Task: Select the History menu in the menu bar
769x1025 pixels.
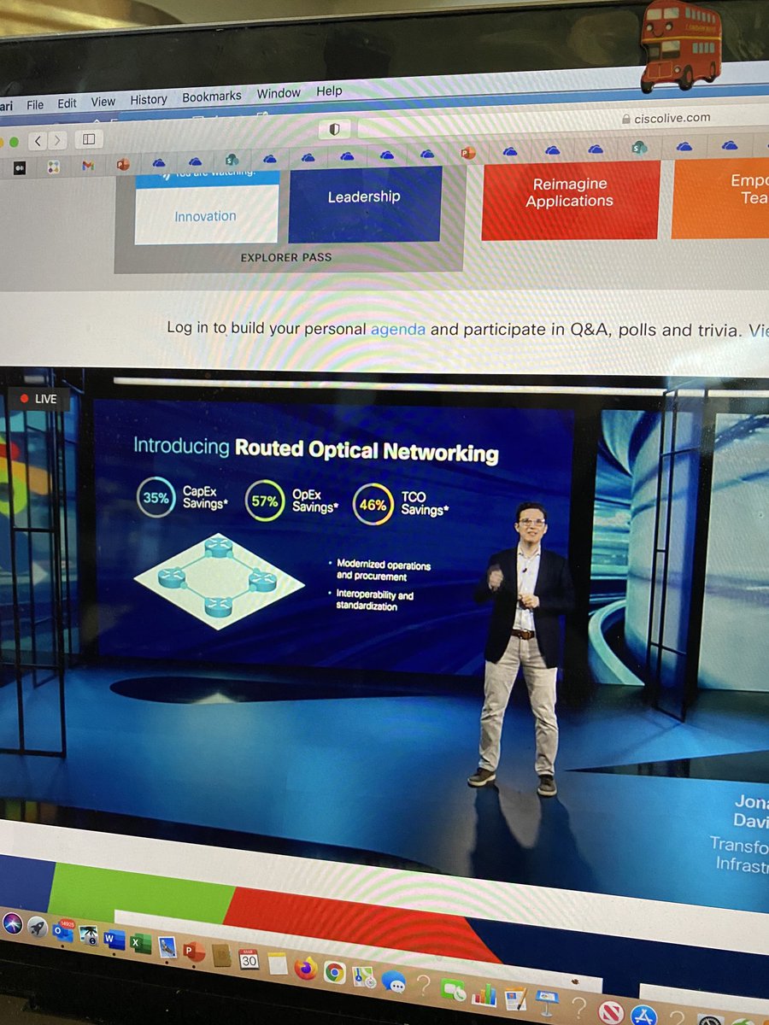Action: point(149,100)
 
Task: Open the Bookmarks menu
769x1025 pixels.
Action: point(211,97)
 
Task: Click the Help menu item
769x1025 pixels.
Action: point(329,91)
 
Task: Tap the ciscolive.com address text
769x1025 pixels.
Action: point(672,119)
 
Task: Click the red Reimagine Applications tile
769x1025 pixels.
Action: point(569,193)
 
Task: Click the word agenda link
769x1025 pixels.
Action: point(397,329)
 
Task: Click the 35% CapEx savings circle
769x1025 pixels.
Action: point(156,498)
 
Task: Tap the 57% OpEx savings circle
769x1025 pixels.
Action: point(264,501)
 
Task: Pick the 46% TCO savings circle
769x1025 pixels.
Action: point(373,505)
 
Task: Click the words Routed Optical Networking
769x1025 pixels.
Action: point(367,450)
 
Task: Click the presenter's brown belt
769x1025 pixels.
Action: point(524,634)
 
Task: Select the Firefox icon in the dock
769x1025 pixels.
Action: point(305,969)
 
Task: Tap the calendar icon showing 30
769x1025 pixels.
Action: point(249,959)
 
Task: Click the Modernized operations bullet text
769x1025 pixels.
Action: point(384,570)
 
